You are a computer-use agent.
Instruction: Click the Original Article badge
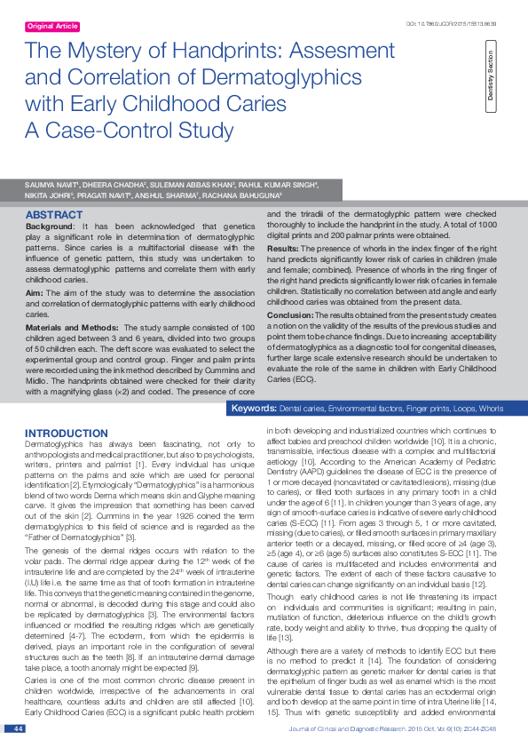[53, 27]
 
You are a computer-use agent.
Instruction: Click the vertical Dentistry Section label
[490, 81]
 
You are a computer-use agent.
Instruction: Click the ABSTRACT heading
[55, 216]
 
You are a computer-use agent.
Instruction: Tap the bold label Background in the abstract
[49, 227]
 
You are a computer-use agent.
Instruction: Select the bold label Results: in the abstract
[283, 250]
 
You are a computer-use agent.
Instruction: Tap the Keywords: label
[253, 409]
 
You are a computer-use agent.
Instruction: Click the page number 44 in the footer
[18, 728]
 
